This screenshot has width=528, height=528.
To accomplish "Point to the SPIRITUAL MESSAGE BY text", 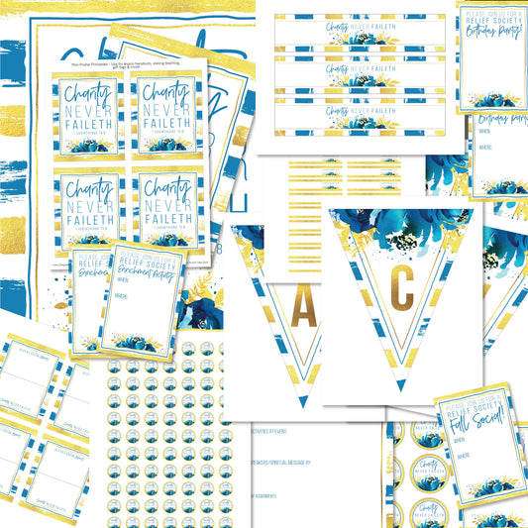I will [272, 462].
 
